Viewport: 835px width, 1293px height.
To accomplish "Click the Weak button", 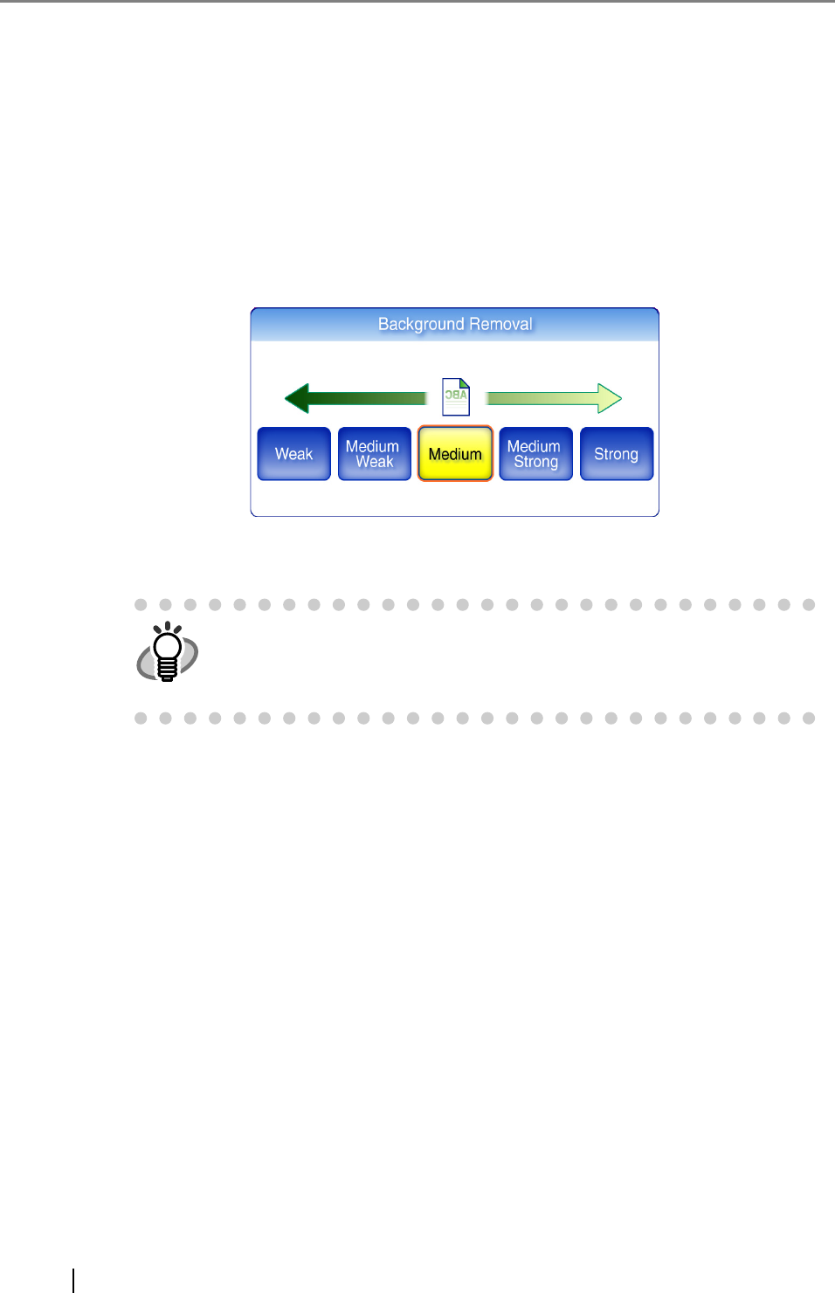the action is pos(293,454).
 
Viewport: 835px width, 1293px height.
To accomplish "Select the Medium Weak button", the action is pos(374,454).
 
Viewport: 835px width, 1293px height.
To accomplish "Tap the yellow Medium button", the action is pos(455,454).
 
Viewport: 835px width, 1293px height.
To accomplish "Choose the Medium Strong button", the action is pos(535,454).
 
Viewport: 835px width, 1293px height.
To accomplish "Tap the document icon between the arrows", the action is pos(456,396).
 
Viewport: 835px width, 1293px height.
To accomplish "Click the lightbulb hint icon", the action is pos(167,652).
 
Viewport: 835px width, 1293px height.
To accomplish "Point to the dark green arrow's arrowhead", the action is pos(297,398).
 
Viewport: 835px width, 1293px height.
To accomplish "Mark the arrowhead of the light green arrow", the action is pos(610,398).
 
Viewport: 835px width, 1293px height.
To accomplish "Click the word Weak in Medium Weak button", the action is pos(375,463).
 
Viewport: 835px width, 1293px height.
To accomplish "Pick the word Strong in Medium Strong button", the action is pos(535,463).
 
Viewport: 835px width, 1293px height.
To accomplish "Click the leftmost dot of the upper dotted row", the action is pos(141,605).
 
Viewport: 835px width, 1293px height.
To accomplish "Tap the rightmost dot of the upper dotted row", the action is pos(809,605).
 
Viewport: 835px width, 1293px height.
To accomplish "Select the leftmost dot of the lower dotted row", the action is pos(141,719).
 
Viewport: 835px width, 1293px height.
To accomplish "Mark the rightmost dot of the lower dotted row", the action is pos(809,719).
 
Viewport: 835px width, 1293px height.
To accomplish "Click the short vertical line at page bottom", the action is pos(73,1280).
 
